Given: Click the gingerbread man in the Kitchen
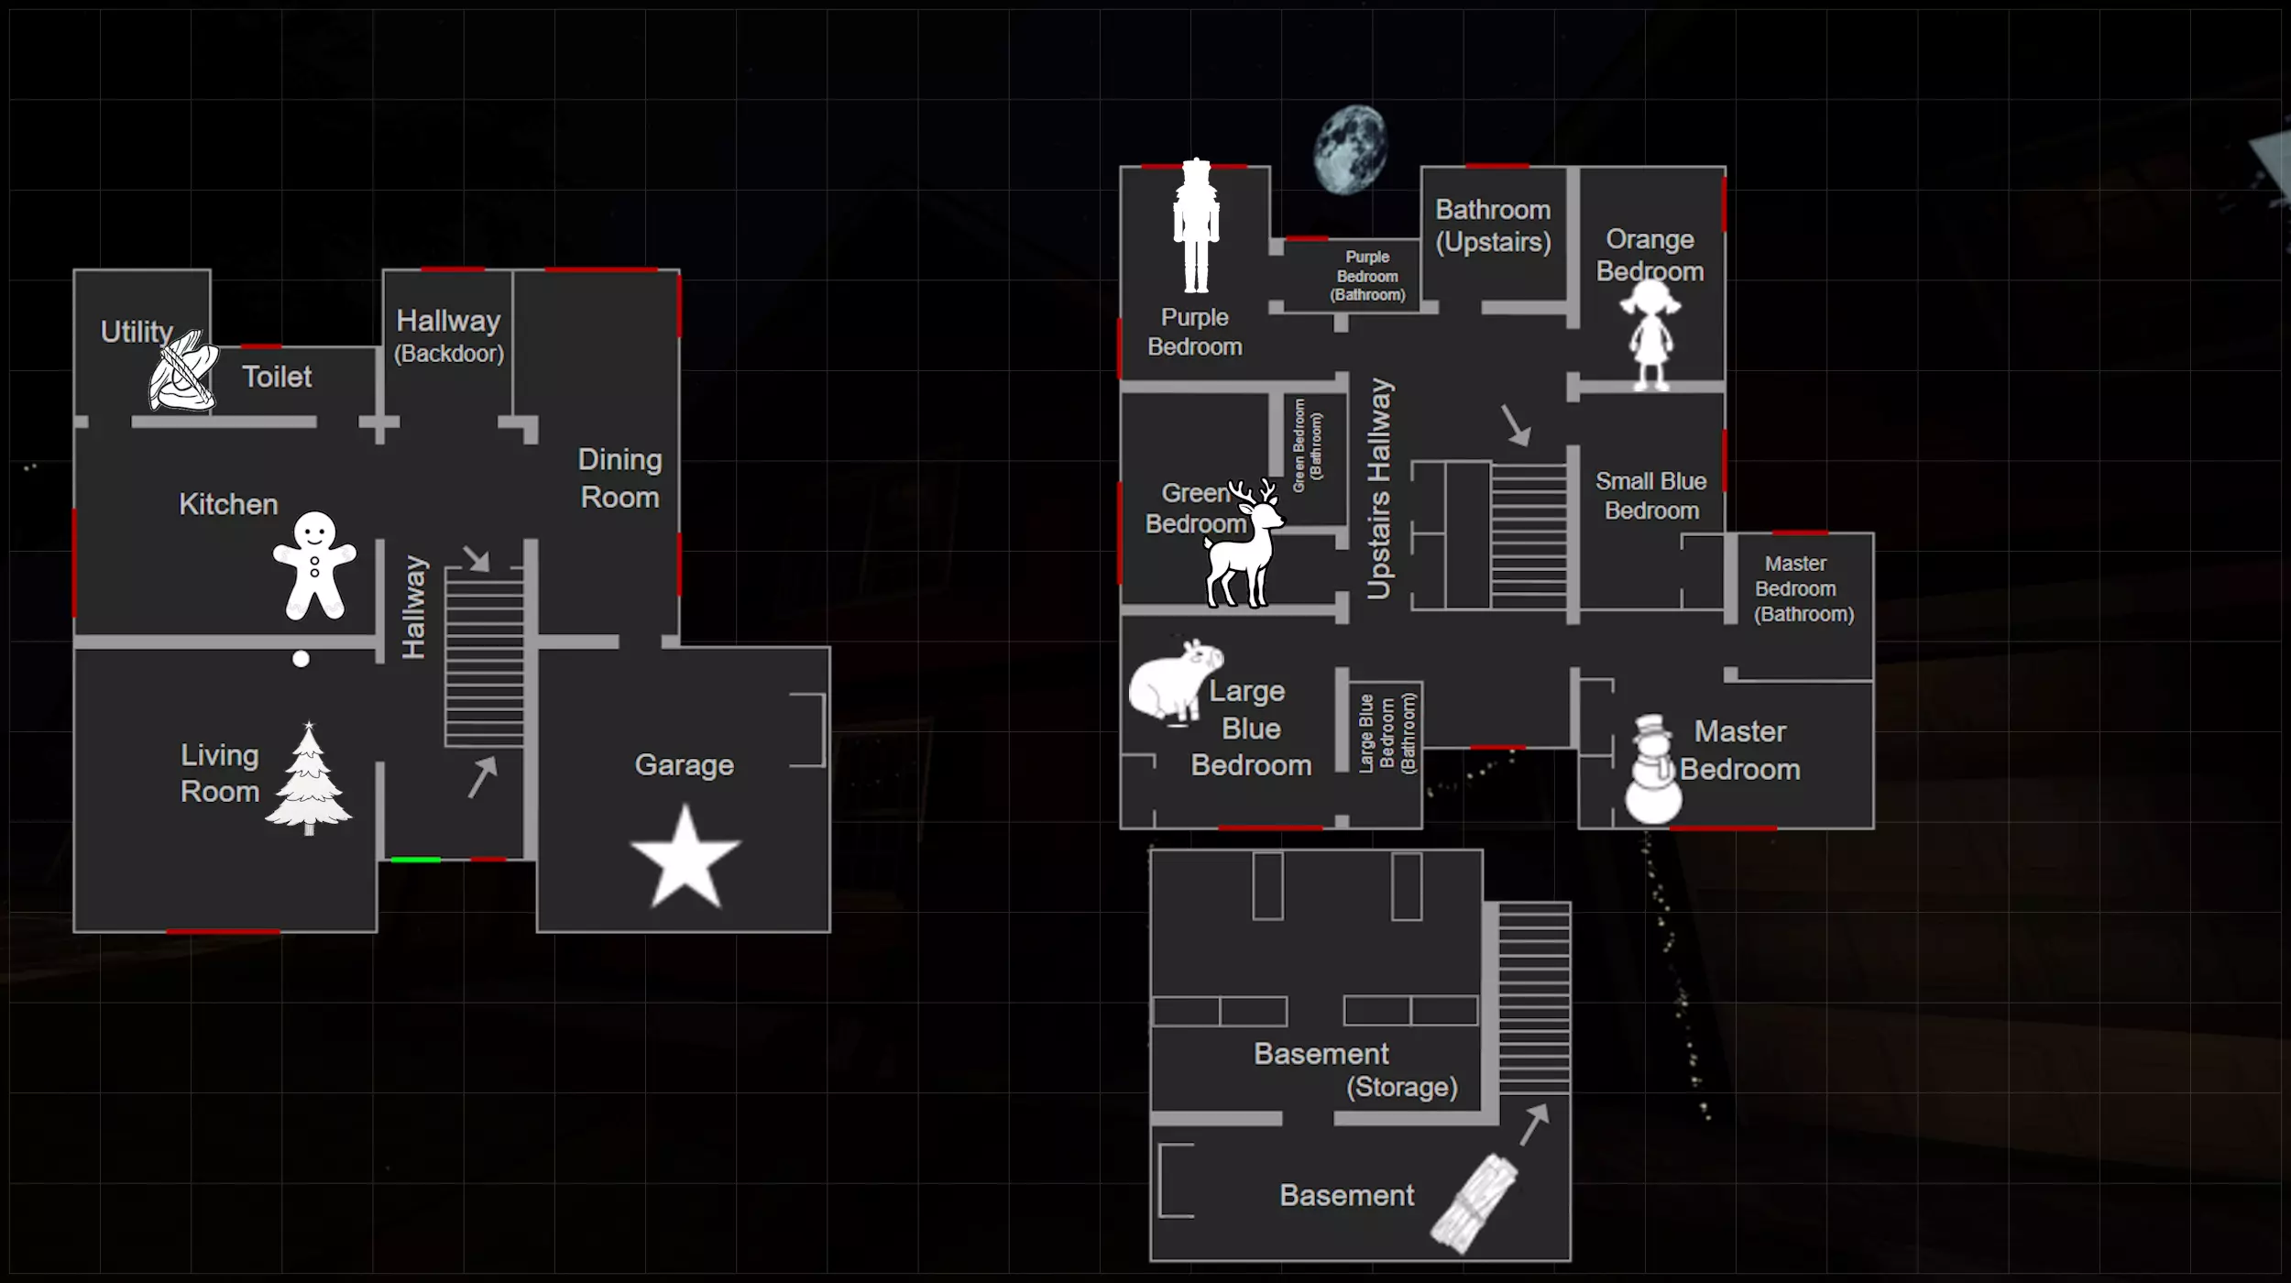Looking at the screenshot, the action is click(x=314, y=565).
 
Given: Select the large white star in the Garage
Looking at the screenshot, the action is click(x=685, y=858).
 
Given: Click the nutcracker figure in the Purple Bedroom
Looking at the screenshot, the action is click(x=1196, y=226).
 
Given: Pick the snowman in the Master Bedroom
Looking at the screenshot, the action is click(x=1653, y=769).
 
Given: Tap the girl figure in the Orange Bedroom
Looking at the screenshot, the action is click(x=1650, y=334).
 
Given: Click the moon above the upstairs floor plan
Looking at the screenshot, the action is click(x=1350, y=149).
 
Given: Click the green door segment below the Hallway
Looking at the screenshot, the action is click(x=415, y=860).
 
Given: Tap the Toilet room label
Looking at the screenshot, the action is click(x=277, y=377).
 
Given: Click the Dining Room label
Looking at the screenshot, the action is click(x=620, y=478).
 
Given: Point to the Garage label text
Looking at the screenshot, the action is click(x=685, y=765).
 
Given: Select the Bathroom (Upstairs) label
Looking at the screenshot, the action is click(x=1493, y=226).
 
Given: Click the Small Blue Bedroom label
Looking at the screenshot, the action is click(x=1651, y=496).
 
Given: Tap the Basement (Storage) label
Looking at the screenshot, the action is click(x=1356, y=1070).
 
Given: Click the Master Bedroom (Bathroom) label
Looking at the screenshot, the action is click(x=1803, y=589).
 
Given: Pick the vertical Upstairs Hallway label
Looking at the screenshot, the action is click(x=1379, y=488).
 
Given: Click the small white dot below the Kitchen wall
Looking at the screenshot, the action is click(x=301, y=659).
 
